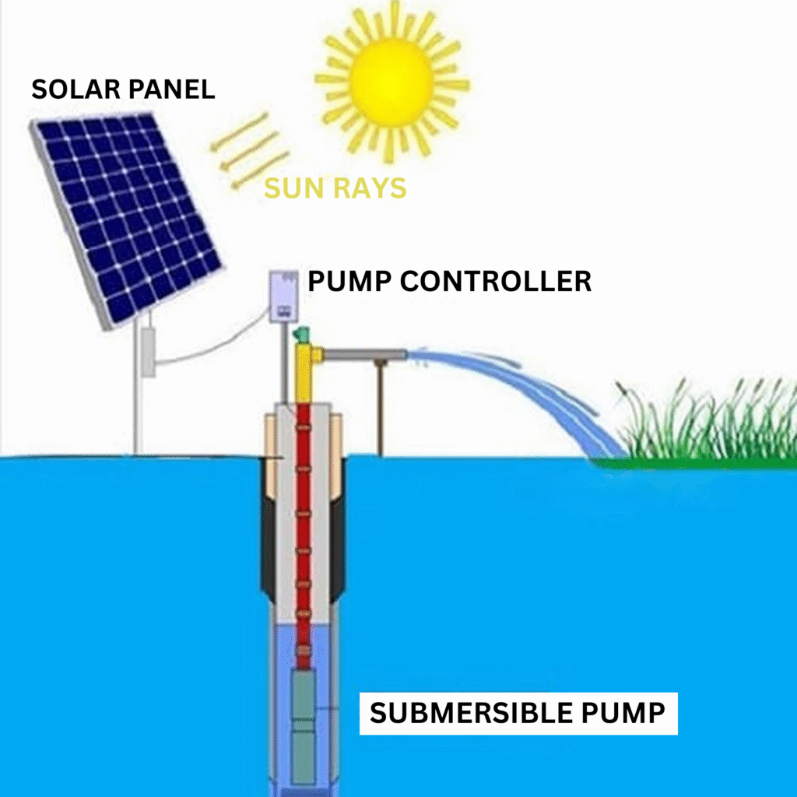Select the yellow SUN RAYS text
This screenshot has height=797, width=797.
(x=335, y=188)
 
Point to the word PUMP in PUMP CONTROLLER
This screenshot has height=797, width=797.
(x=349, y=281)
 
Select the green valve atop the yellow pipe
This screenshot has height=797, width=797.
(x=301, y=337)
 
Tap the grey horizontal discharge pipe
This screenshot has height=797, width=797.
(x=366, y=356)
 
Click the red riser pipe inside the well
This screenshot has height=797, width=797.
(x=304, y=529)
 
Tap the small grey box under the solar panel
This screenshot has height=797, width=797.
(x=148, y=352)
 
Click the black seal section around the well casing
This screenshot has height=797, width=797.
(x=268, y=545)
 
